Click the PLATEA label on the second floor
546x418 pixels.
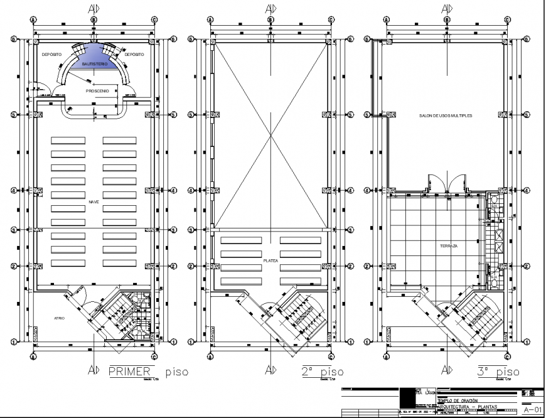[270, 258]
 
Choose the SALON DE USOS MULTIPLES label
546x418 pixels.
[446, 117]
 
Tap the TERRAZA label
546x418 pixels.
[448, 246]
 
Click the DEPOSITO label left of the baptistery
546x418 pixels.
[51, 55]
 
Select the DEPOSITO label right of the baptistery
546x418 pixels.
[134, 55]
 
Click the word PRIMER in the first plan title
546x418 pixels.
[130, 372]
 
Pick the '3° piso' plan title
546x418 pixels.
[498, 372]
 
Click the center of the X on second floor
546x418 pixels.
[270, 134]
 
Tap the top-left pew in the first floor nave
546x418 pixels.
[67, 140]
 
